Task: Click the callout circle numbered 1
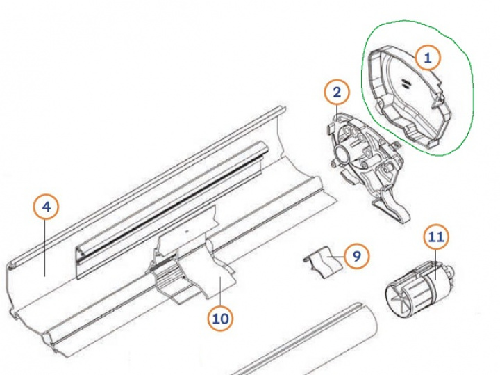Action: [x=428, y=58]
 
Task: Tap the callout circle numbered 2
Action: [x=337, y=92]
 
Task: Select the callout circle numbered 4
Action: [x=46, y=207]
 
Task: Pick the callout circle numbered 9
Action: [x=356, y=255]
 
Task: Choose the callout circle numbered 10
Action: [x=220, y=319]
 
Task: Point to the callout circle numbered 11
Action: [x=435, y=237]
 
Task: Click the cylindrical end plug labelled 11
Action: [x=417, y=285]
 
